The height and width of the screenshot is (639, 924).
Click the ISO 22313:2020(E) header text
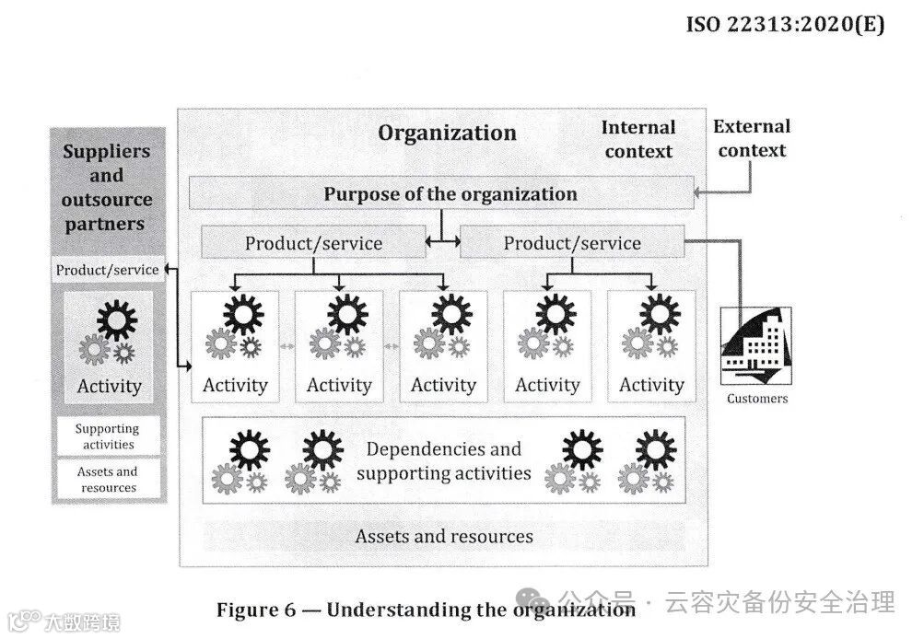[x=785, y=24]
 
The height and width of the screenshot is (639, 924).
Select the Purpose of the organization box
[x=441, y=193]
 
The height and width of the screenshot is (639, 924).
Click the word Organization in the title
[x=447, y=133]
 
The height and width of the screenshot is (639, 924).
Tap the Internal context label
[x=637, y=140]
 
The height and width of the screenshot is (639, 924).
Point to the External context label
[x=752, y=138]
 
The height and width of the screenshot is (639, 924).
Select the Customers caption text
[x=757, y=399]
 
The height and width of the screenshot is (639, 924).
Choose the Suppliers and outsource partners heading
[x=107, y=187]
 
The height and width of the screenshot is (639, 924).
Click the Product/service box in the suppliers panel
[x=107, y=270]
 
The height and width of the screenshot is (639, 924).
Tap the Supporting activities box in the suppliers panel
[x=107, y=436]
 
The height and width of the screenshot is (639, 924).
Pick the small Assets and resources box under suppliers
[x=108, y=479]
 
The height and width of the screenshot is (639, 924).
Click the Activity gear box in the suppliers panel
[x=109, y=347]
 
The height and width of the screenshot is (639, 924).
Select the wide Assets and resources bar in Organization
[x=444, y=536]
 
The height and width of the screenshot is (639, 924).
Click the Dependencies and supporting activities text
[x=443, y=461]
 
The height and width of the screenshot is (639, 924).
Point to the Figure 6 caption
[x=426, y=610]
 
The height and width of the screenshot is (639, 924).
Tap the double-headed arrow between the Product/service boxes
[x=442, y=243]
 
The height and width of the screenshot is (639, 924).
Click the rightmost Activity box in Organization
[x=651, y=346]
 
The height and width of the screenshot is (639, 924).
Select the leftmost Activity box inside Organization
[x=235, y=346]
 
